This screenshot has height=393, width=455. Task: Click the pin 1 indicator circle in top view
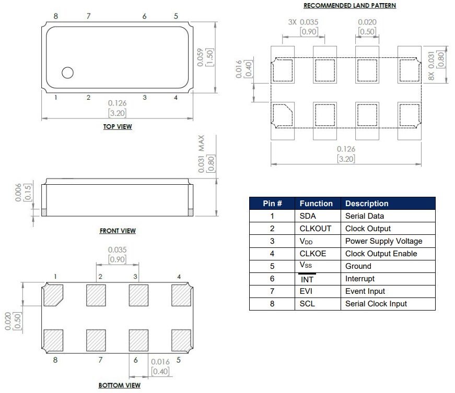tap(67, 73)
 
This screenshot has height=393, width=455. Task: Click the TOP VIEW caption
tap(117, 127)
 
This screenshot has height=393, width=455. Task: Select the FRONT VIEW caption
tap(118, 231)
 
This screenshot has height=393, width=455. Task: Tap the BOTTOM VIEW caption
tap(120, 386)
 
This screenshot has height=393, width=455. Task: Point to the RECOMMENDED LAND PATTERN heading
tap(349, 6)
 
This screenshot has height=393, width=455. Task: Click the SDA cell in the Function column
tap(308, 216)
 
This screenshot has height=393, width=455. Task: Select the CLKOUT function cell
tap(315, 229)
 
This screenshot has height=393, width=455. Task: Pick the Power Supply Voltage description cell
tap(383, 241)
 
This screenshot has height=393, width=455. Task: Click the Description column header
tap(367, 204)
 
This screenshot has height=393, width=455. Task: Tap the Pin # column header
tap(272, 204)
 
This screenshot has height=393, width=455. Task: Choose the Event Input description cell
tap(365, 291)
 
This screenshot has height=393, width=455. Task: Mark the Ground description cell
tap(358, 266)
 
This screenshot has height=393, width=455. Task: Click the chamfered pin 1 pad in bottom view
tap(53, 295)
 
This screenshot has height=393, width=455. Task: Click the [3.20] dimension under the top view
tap(116, 113)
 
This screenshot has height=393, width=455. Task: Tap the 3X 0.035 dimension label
tap(303, 22)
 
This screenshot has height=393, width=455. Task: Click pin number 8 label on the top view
tap(55, 17)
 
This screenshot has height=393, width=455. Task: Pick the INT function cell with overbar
tap(308, 279)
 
